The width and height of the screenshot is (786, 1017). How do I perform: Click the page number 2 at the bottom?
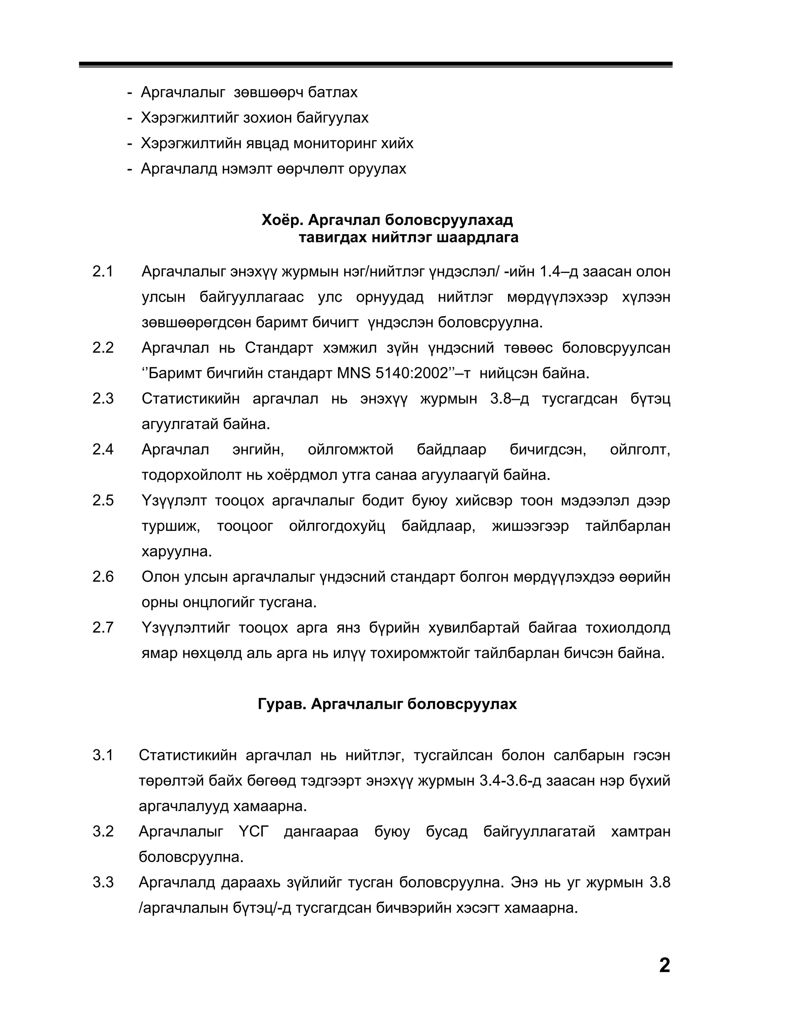point(664,965)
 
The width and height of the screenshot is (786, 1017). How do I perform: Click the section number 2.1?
point(103,271)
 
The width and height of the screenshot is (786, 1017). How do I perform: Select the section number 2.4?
point(103,449)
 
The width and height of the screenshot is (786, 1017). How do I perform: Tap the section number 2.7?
point(103,628)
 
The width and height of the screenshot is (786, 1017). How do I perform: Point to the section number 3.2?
point(103,831)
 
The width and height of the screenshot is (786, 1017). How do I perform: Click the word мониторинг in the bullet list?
point(332,144)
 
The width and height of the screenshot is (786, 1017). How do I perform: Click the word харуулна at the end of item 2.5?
point(177,552)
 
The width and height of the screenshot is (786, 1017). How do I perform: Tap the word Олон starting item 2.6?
point(160,577)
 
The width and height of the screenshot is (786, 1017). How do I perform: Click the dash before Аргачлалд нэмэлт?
point(129,169)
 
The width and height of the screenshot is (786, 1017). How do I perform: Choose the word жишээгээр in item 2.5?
point(530,526)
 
